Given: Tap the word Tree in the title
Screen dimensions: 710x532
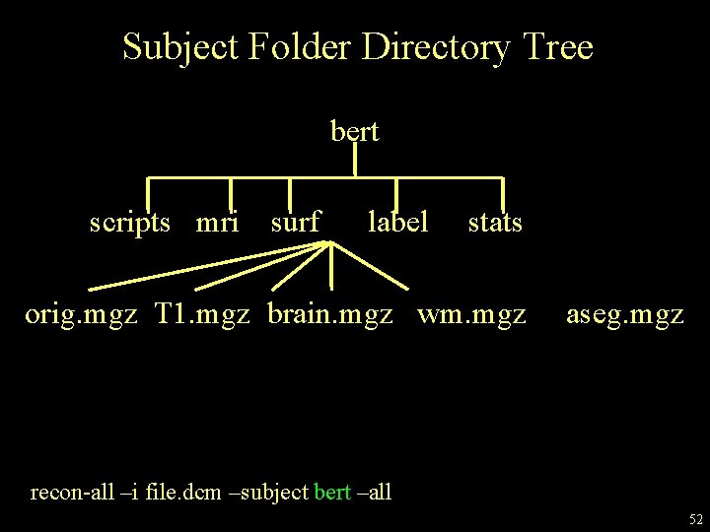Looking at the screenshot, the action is coord(559,47).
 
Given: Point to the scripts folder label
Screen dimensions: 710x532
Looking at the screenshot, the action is coord(137,223).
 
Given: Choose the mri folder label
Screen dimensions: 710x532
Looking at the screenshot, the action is coord(218,223).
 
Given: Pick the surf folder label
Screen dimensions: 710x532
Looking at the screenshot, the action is coord(295,223).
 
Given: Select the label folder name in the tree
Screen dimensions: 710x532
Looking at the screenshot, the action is coord(397,223).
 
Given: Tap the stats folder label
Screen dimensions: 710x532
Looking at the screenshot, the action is coord(495,223).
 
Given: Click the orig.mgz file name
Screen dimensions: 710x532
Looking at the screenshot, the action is coord(81,315).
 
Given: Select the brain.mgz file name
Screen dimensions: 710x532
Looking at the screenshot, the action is coord(330,315).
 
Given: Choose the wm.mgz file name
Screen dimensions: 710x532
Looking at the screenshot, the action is coord(471,315).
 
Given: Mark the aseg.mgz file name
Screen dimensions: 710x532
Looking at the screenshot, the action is coord(624,315).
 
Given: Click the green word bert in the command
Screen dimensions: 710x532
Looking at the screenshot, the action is coord(331,492).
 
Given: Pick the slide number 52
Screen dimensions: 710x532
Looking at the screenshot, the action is coord(695,518).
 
